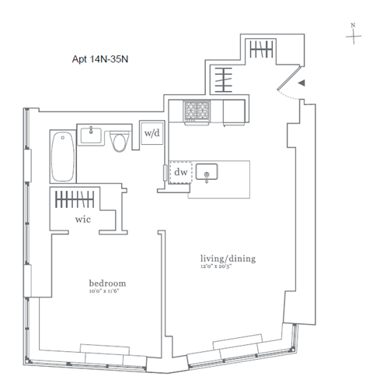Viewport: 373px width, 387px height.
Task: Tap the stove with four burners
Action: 193,111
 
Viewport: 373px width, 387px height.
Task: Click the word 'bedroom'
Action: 107,283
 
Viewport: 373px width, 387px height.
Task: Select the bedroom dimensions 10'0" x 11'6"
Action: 107,292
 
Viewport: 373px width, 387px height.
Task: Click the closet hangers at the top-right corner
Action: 259,51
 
